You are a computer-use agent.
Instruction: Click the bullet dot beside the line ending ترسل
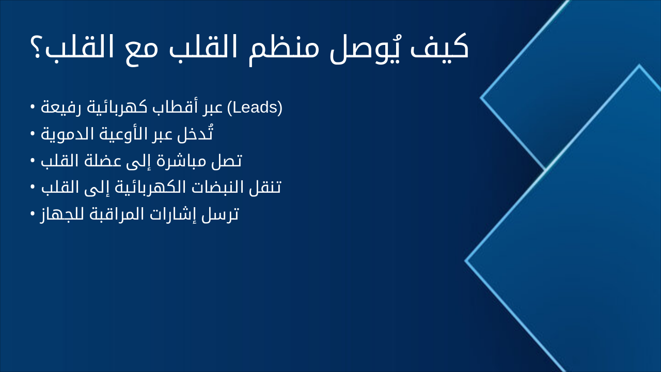pos(33,213)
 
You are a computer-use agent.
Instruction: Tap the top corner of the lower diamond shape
pos(639,66)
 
